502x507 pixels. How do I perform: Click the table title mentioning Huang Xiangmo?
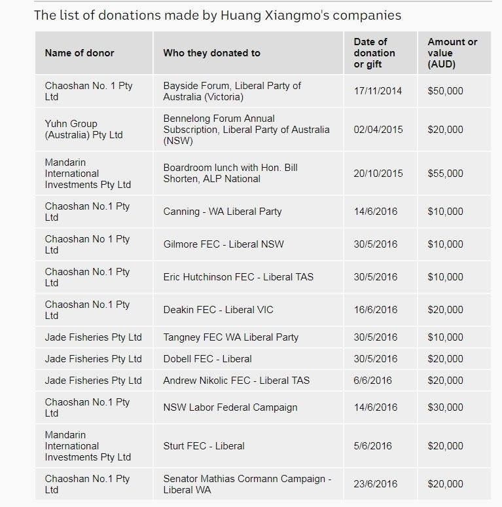[x=217, y=15]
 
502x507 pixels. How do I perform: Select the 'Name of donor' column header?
[x=79, y=53]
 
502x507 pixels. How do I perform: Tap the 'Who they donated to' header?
[x=211, y=53]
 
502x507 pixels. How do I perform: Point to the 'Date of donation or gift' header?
[x=374, y=53]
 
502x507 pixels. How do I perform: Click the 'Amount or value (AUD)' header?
[x=452, y=53]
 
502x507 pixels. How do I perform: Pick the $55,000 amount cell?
[x=445, y=174]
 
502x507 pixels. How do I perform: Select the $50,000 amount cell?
[x=445, y=91]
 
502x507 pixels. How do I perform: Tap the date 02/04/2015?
[x=378, y=130]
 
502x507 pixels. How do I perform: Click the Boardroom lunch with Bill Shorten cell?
[x=230, y=173]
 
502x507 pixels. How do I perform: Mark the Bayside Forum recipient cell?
[x=232, y=91]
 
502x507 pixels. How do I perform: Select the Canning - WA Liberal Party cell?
[x=223, y=212]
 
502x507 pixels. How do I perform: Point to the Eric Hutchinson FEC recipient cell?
[x=238, y=277]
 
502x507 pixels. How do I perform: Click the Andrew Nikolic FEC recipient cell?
[x=236, y=381]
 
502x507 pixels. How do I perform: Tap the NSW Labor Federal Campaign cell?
[x=230, y=407]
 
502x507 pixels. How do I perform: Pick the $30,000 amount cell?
[x=445, y=407]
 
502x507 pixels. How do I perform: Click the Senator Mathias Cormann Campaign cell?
[x=247, y=484]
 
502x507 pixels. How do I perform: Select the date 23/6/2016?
[x=376, y=484]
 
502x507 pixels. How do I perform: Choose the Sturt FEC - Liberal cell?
[x=204, y=446]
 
